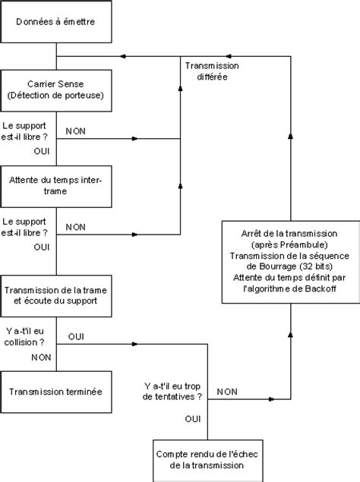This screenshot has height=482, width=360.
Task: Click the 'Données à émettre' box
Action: (x=56, y=21)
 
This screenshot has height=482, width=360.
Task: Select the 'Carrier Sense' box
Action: (x=56, y=90)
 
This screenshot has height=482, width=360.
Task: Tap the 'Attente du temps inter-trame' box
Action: (x=56, y=186)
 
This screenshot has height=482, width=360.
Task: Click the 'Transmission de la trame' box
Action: (x=56, y=296)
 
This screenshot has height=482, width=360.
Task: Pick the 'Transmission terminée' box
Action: (x=56, y=392)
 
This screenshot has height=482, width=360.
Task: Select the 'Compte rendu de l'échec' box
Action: (x=208, y=461)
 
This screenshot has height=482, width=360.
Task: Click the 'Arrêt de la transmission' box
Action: (x=291, y=262)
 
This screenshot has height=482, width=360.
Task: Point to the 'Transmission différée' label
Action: (x=212, y=71)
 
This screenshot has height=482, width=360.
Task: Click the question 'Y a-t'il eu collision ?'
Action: (x=24, y=336)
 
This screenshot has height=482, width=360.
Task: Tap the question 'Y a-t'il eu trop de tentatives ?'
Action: (x=172, y=392)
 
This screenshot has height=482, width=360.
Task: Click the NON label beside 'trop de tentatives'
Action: (x=227, y=392)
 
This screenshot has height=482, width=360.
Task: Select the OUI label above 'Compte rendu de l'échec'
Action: (x=193, y=419)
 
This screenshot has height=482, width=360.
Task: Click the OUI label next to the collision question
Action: (x=76, y=336)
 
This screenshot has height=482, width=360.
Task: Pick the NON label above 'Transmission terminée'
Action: (x=41, y=358)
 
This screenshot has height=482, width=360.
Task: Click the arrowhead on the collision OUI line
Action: (x=134, y=344)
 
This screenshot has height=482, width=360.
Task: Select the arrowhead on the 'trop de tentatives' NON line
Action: (x=271, y=399)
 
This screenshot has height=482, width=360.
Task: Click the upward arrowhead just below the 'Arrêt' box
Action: (x=290, y=335)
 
